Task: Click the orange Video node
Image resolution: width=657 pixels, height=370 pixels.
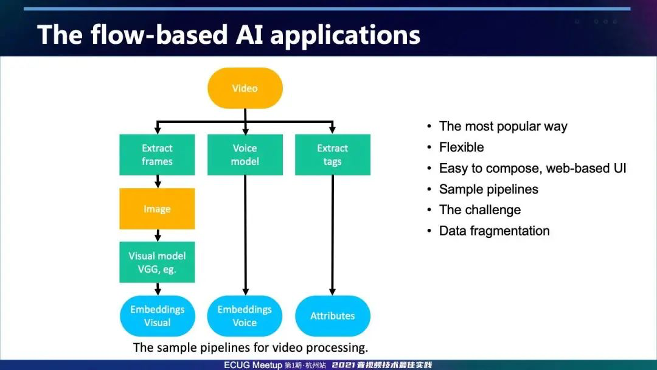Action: click(245, 88)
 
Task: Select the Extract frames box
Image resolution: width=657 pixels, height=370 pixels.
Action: click(157, 155)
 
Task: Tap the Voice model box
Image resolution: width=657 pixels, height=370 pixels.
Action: click(245, 155)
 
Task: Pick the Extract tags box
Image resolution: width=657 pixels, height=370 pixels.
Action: click(332, 155)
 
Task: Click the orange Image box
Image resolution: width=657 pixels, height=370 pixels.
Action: click(157, 209)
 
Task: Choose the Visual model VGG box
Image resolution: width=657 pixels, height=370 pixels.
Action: click(157, 262)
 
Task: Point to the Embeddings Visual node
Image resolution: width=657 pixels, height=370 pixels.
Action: click(157, 316)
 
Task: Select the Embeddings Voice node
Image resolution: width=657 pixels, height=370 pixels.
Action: click(245, 316)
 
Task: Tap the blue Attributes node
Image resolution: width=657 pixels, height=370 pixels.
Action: click(332, 316)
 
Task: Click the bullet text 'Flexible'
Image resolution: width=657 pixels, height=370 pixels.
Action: click(461, 147)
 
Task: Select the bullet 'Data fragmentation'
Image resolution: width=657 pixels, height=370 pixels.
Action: click(494, 231)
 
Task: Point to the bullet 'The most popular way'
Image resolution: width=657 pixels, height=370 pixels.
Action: click(503, 127)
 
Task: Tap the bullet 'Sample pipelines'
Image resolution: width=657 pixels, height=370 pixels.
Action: click(488, 189)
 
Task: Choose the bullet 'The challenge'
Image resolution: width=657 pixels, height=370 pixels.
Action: click(479, 210)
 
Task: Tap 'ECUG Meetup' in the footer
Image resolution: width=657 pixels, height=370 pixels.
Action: click(252, 365)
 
